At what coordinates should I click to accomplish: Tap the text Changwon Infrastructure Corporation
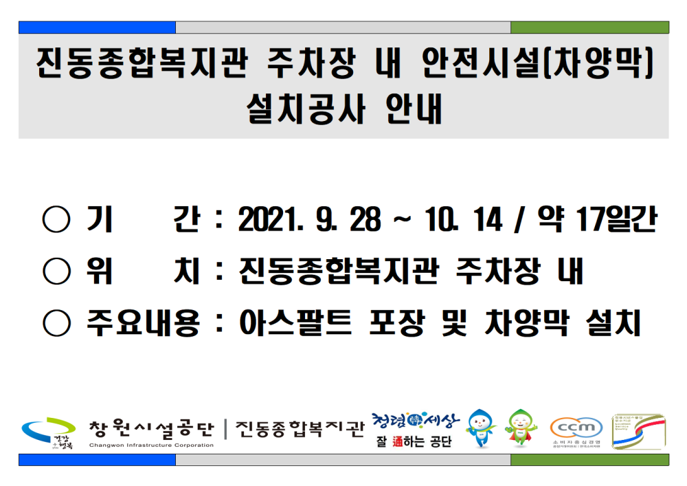[x=151, y=445]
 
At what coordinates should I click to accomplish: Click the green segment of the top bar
[x=589, y=27]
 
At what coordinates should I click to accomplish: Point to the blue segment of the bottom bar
[x=97, y=460]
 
